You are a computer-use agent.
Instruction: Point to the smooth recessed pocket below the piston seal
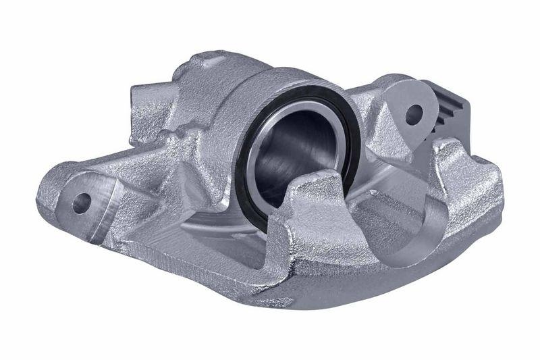click(x=223, y=223)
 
